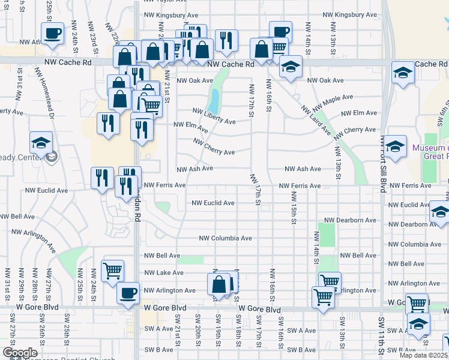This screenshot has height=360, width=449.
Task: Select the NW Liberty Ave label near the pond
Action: click(x=214, y=116)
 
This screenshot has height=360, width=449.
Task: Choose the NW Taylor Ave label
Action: click(x=162, y=2)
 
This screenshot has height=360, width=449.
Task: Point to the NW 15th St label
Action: click(x=294, y=208)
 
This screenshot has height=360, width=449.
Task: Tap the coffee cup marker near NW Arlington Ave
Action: click(x=127, y=293)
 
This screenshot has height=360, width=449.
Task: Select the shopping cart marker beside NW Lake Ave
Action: click(x=112, y=271)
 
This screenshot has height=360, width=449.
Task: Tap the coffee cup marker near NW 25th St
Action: click(x=52, y=34)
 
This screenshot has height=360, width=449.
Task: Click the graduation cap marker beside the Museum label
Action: click(x=394, y=147)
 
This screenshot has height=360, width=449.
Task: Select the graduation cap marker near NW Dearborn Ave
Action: click(x=440, y=213)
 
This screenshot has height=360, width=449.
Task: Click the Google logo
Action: click(x=20, y=353)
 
